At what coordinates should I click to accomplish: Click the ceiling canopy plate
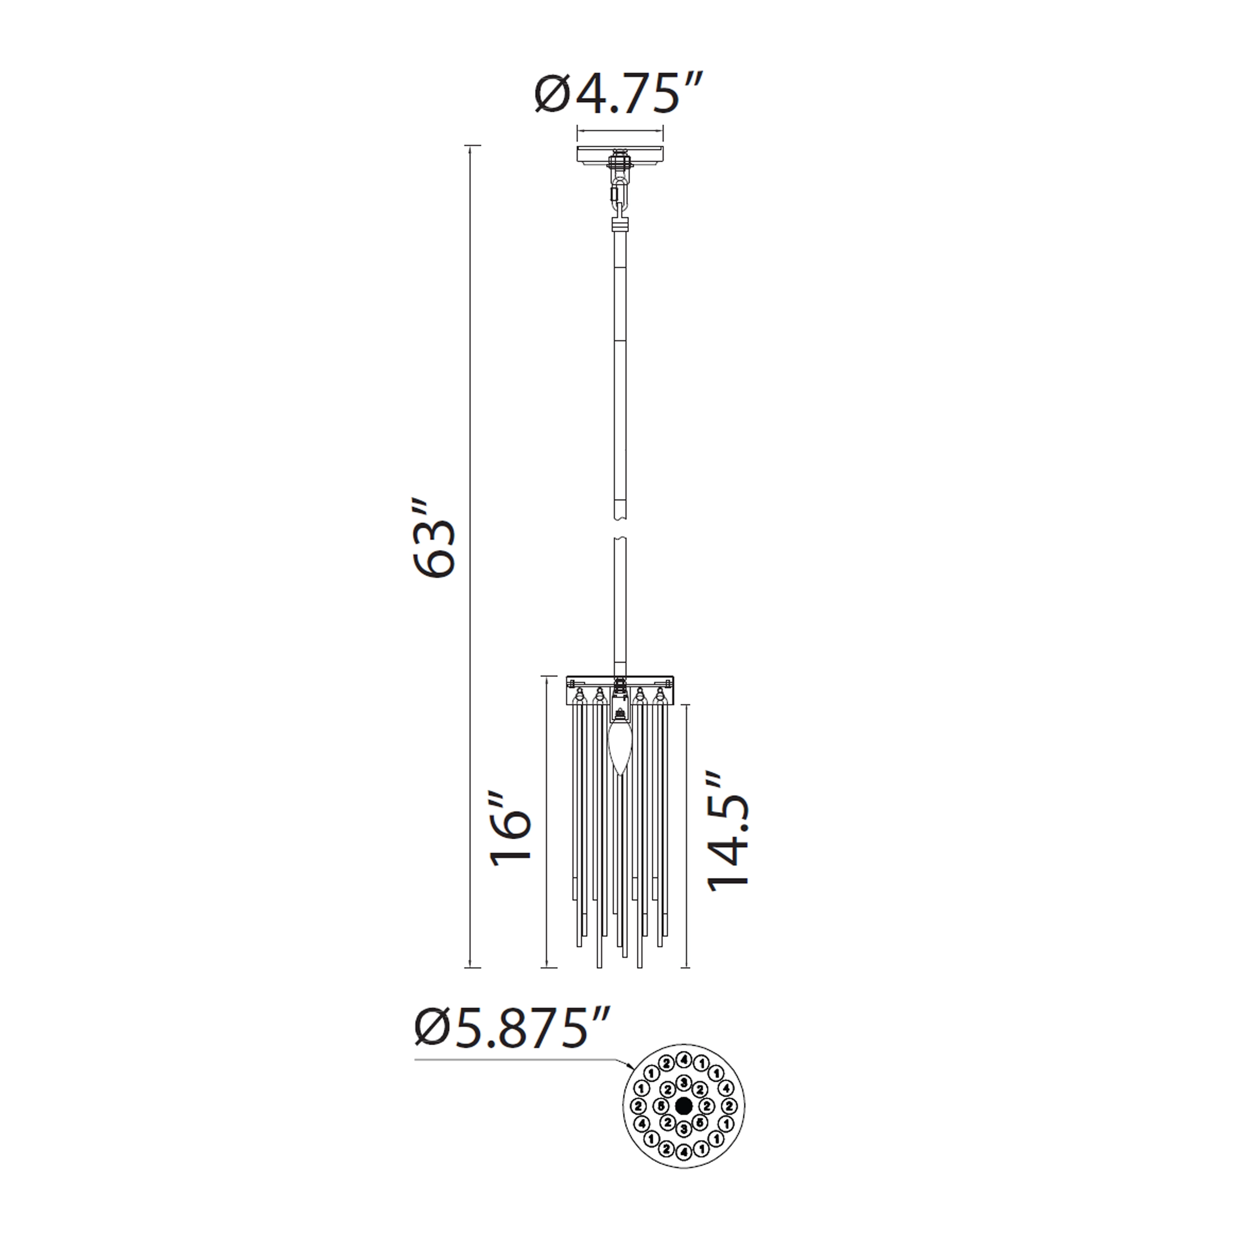pos(620,155)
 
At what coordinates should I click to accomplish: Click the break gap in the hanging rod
pos(620,530)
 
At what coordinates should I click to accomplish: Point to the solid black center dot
pos(684,1105)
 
